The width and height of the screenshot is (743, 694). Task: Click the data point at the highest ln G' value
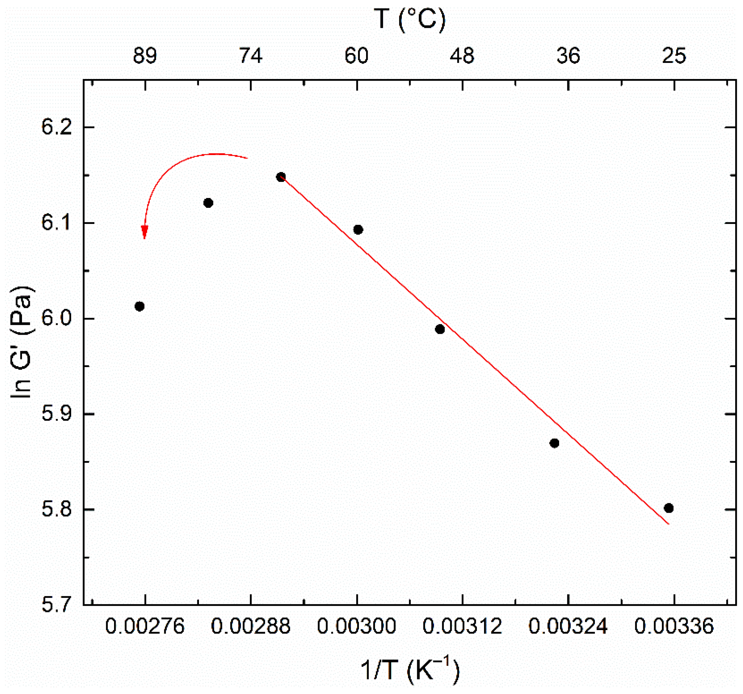(x=281, y=177)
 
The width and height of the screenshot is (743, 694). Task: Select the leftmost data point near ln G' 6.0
(x=139, y=307)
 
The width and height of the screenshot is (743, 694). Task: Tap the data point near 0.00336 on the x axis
(x=669, y=508)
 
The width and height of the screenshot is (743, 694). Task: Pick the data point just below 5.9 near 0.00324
(x=554, y=443)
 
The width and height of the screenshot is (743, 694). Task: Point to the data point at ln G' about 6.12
(x=208, y=203)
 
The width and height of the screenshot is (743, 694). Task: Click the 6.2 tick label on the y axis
(x=56, y=128)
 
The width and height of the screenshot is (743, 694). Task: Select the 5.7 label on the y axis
(x=56, y=605)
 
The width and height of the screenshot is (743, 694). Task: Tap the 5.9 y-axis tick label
(x=56, y=414)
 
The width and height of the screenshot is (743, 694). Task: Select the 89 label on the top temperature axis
(x=145, y=56)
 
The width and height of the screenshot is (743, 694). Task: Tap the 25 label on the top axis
(x=674, y=56)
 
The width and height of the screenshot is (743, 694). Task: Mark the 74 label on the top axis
(x=251, y=56)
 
